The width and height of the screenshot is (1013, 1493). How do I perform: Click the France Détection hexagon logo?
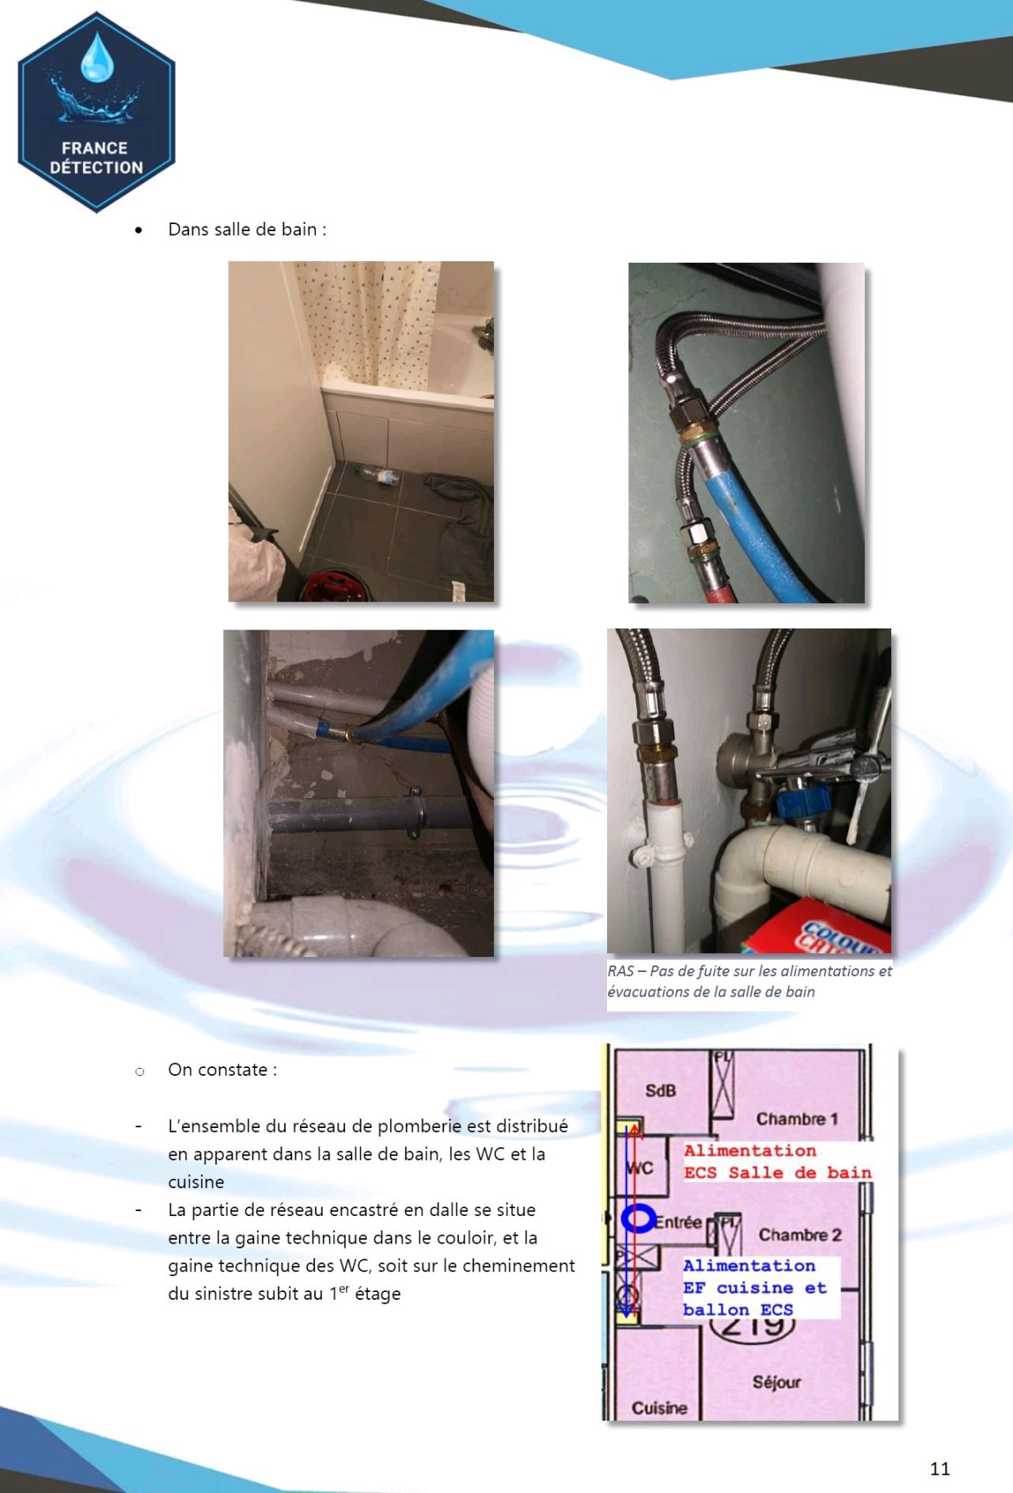(x=97, y=112)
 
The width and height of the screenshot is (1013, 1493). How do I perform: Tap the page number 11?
(x=939, y=1468)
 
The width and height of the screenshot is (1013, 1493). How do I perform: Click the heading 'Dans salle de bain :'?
(x=247, y=230)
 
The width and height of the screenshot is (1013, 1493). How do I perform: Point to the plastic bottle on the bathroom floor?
(x=377, y=475)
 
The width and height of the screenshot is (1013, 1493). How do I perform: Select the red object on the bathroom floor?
(x=335, y=587)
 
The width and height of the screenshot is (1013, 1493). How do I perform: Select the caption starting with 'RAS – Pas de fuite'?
(x=749, y=981)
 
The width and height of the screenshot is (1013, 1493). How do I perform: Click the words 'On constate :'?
(x=222, y=1070)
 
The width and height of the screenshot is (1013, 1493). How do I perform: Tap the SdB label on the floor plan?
(x=661, y=1091)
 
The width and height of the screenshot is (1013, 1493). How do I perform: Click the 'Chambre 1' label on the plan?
(x=797, y=1119)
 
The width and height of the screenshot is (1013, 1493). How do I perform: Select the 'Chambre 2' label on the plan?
(x=800, y=1235)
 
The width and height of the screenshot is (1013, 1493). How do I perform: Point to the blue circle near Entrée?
(x=638, y=1219)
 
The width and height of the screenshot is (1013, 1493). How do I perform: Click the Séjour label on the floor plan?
(x=776, y=1382)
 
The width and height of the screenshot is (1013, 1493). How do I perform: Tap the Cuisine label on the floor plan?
(x=659, y=1408)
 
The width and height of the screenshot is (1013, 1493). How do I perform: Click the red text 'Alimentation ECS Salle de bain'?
(x=778, y=1162)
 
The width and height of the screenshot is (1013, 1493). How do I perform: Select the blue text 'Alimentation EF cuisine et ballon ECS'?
(x=755, y=1288)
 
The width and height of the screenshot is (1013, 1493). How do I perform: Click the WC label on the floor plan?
(x=639, y=1168)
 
